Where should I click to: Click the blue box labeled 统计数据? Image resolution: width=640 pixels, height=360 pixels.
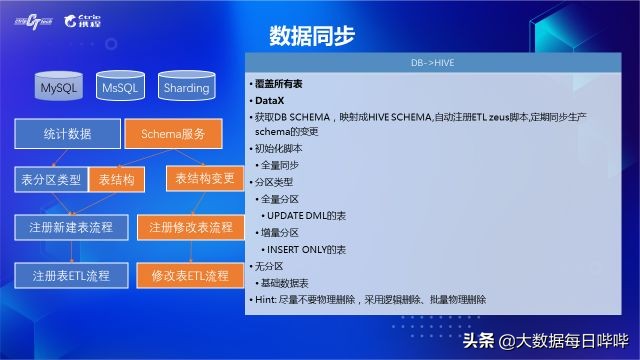pyautogui.click(x=68, y=133)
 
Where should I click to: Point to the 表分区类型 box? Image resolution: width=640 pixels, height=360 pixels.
pyautogui.click(x=51, y=180)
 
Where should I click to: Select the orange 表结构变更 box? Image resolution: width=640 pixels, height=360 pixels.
pyautogui.click(x=204, y=179)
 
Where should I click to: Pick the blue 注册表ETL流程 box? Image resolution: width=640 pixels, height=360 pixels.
pyautogui.click(x=70, y=274)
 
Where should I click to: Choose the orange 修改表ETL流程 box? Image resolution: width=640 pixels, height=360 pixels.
pyautogui.click(x=190, y=274)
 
